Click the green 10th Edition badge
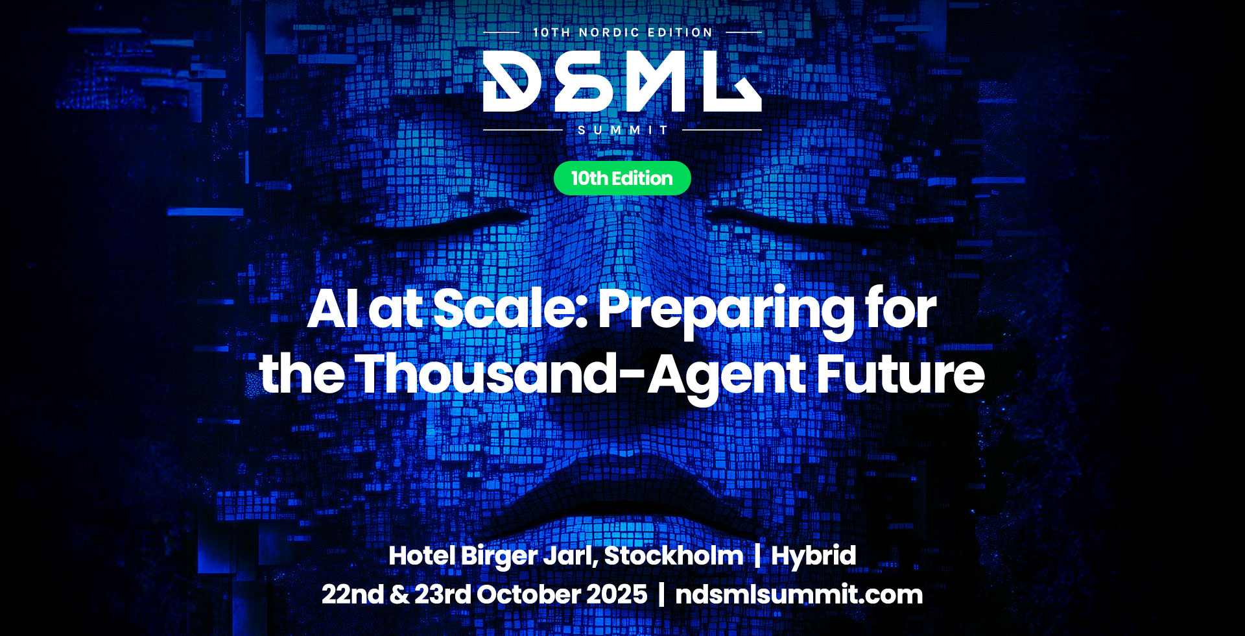point(622,178)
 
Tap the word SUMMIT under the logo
point(622,130)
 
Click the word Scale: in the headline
point(510,308)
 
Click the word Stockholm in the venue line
point(673,556)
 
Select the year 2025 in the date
point(616,594)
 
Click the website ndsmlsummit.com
point(799,594)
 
